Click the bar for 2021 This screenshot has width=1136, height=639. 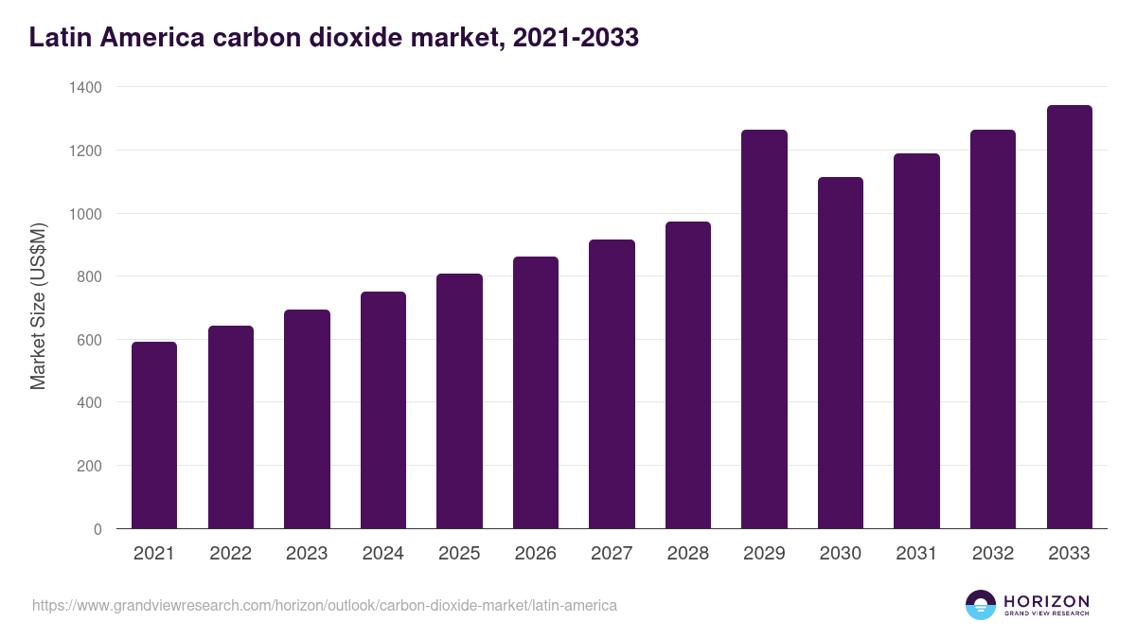coord(154,435)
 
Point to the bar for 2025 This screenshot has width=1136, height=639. coord(459,401)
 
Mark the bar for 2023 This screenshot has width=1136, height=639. coord(307,419)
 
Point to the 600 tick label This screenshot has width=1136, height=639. coord(89,340)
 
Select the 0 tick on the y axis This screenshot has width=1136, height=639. coord(98,529)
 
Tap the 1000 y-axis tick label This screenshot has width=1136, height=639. coord(85,214)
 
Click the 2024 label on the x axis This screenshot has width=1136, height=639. coord(382,554)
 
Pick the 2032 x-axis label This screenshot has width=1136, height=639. coord(993,554)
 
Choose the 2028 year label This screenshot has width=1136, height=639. coord(687,554)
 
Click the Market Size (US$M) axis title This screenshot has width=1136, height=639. coord(38,308)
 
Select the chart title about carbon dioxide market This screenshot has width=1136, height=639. coord(334,37)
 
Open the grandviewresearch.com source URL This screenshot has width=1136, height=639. coord(325,605)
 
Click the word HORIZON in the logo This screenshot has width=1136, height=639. coord(1046,600)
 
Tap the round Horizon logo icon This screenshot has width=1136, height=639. coord(980,605)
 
